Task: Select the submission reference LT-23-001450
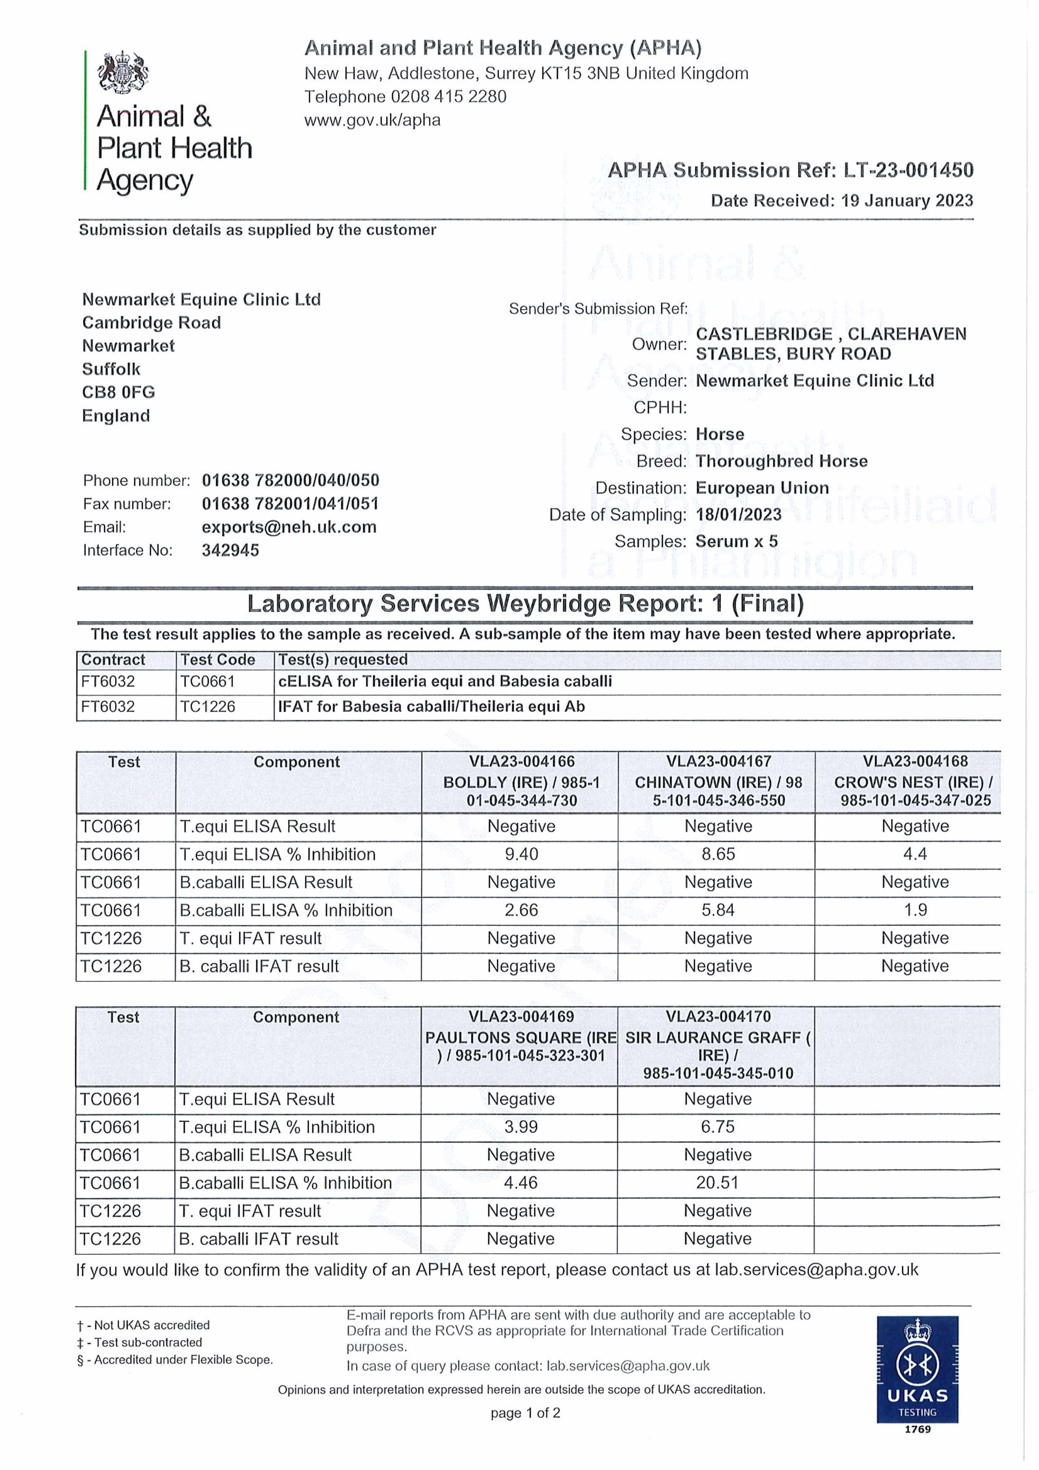908,170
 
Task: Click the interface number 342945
230,551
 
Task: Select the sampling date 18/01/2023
738,515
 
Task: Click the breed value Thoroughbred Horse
781,461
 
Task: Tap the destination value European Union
762,488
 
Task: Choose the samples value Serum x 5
736,542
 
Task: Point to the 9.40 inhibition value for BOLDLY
521,854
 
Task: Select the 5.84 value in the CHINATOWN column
718,910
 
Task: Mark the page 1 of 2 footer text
525,1413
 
